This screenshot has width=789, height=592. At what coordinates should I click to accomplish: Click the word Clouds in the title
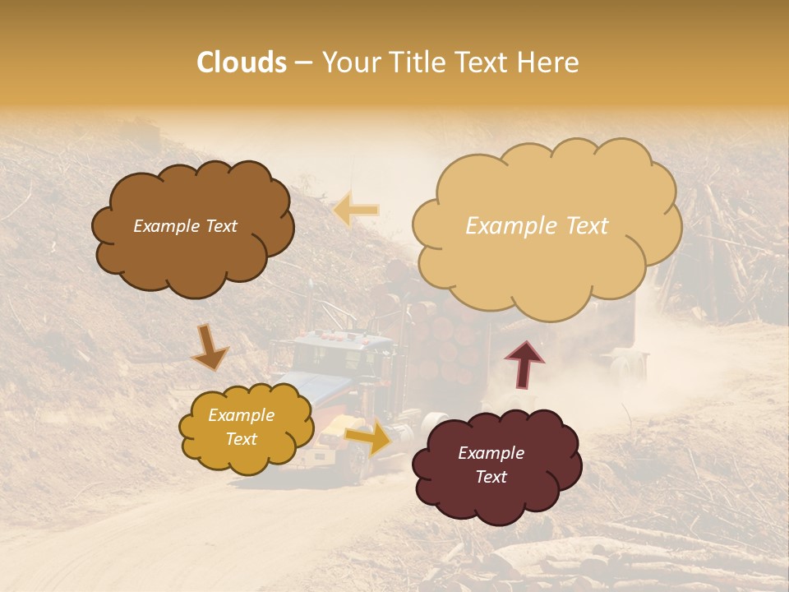(242, 62)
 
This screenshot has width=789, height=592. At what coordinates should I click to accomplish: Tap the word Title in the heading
(412, 62)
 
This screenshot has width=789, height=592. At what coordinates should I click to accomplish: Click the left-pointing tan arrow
(356, 210)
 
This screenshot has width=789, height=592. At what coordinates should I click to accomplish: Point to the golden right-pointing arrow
(369, 437)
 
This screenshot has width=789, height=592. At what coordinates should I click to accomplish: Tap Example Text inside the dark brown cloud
(185, 226)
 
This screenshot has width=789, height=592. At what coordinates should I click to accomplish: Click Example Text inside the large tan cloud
(537, 226)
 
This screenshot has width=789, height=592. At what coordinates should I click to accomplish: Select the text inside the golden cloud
(242, 428)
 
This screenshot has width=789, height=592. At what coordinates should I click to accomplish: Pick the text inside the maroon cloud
(491, 465)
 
